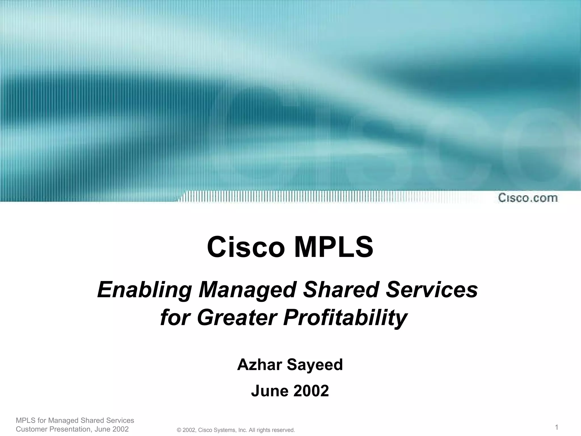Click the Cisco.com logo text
coord(528,198)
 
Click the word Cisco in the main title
coord(246,247)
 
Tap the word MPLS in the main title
coord(334,247)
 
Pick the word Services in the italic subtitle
coord(431,290)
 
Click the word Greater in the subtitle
coord(237,317)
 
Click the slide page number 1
coord(556,427)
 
